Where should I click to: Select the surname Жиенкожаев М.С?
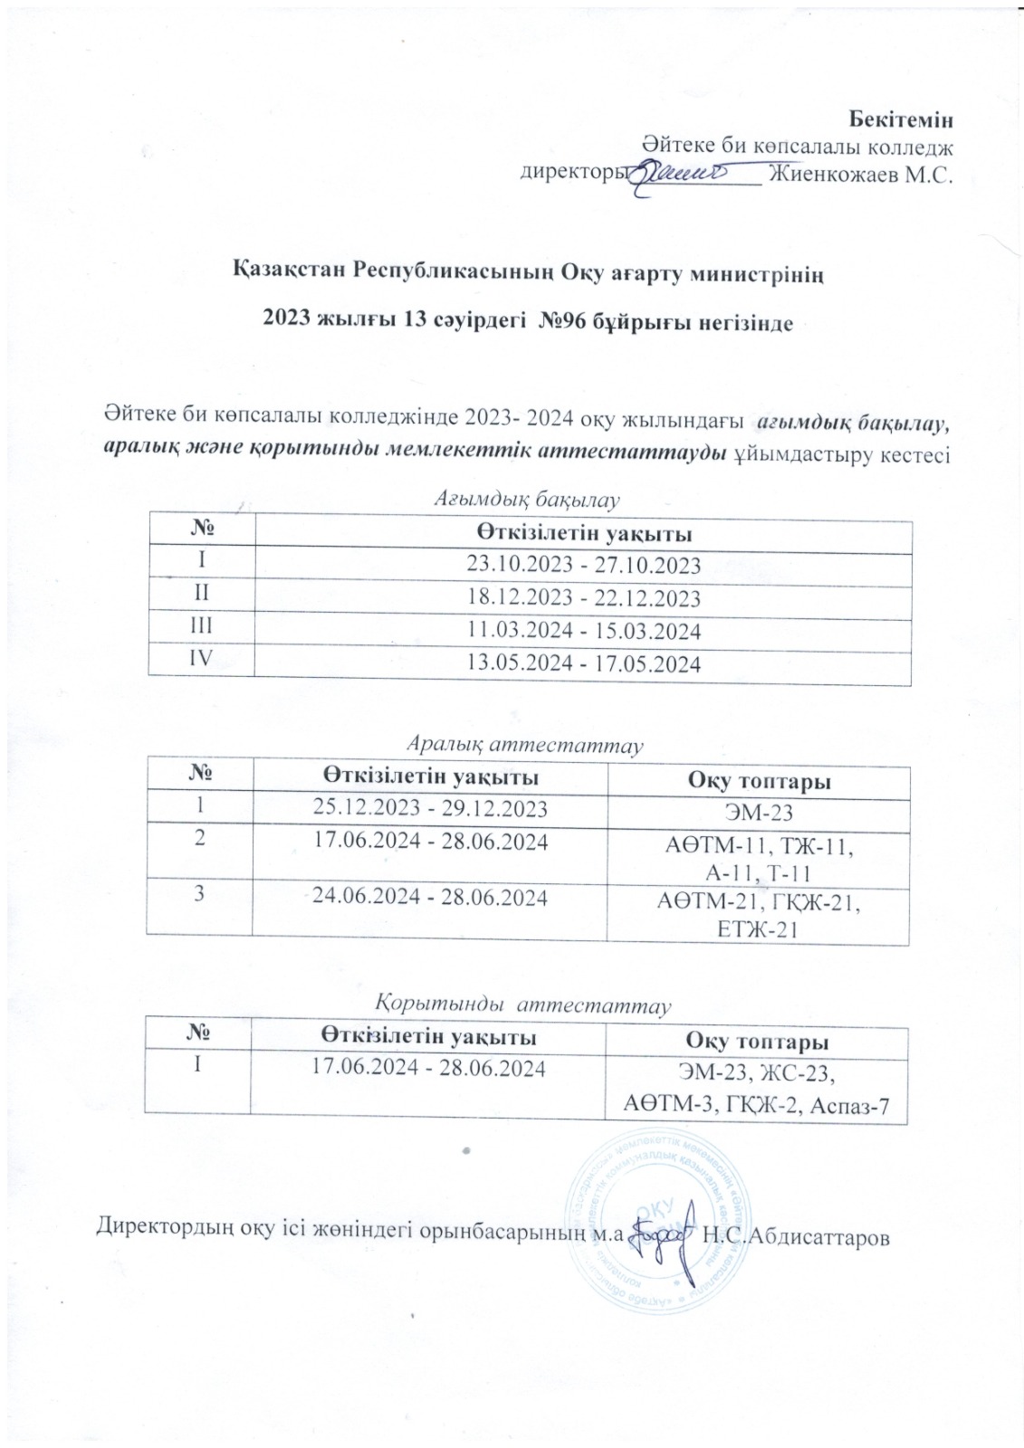click(862, 176)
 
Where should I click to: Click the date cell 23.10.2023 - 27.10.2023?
click(583, 566)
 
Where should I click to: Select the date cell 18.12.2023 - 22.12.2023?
click(583, 599)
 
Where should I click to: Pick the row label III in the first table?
click(202, 629)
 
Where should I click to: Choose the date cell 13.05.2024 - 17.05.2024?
click(583, 664)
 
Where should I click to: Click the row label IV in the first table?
click(202, 661)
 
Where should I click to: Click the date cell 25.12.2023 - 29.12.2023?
click(430, 808)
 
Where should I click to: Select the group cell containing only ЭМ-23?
click(759, 811)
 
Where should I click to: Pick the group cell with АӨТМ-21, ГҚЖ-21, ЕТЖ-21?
click(759, 912)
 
